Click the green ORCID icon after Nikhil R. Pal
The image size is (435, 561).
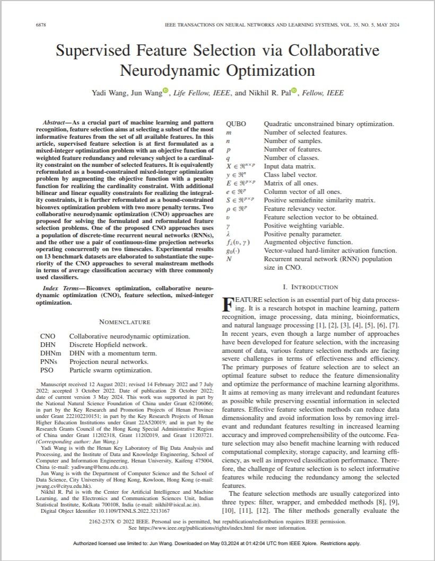[294, 91]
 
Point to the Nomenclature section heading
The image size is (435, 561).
[124, 322]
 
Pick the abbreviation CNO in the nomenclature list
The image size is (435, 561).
[47, 336]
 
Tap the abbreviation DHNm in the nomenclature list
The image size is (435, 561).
[50, 353]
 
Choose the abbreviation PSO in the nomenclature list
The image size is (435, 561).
[47, 370]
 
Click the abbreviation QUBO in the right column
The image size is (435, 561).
[236, 124]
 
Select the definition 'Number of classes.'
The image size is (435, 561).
[291, 158]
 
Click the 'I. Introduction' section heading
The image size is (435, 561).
[310, 287]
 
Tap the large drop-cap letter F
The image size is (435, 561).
[227, 304]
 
